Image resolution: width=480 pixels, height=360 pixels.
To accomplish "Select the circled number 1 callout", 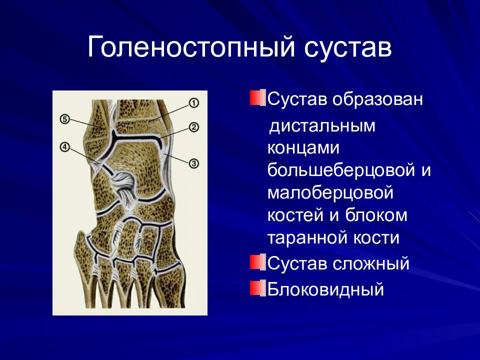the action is [194, 103].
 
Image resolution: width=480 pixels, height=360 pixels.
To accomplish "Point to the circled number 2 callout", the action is [194, 126].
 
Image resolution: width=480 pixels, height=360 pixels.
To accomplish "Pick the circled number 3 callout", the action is [194, 163].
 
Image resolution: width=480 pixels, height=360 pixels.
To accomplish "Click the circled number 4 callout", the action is [64, 147].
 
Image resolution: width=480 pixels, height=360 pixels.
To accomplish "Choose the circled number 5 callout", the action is [64, 119].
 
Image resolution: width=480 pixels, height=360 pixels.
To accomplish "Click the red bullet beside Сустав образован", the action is [257, 98].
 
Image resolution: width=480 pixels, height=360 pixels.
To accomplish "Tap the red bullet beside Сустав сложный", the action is [257, 262].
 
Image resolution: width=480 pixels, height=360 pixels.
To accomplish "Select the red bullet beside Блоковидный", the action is [257, 288].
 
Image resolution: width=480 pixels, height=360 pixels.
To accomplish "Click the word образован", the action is [377, 99].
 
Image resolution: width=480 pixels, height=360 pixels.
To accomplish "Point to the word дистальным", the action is [321, 126].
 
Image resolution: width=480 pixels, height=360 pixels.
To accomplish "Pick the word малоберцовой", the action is [330, 192].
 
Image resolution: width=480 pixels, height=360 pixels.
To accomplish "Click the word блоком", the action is [376, 214].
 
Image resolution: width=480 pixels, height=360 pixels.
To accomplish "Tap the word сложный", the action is [370, 263].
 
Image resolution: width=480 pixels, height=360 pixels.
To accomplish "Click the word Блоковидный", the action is [325, 289].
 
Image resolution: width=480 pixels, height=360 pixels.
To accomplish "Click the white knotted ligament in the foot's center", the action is [123, 186].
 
